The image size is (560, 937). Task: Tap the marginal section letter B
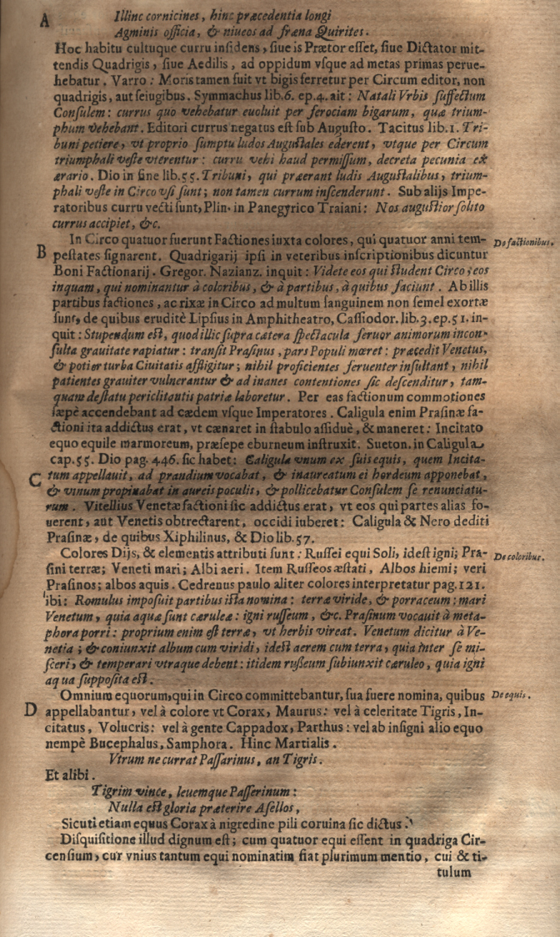[x=36, y=256]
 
